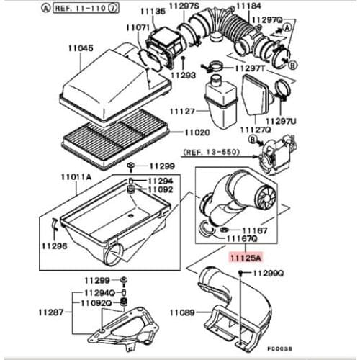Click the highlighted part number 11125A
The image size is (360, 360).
point(246,258)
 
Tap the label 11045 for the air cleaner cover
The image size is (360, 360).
point(81,48)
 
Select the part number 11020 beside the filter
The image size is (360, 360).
point(197,132)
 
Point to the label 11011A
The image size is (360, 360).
point(76,177)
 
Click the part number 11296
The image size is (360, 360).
point(55,246)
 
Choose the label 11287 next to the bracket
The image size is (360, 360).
point(51,312)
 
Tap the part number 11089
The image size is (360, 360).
point(182,312)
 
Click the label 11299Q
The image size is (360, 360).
point(269,273)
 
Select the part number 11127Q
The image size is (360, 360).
point(256,130)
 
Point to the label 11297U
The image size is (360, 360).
point(281,121)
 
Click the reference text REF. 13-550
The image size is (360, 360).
point(212,152)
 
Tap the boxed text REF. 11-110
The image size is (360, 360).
point(80,9)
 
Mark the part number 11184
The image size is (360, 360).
point(248,6)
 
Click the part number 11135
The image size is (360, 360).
point(153,12)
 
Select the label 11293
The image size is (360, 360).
point(183,75)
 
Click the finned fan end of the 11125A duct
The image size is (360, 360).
point(266,196)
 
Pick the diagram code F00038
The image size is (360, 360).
point(280,348)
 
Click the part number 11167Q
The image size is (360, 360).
point(242,239)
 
